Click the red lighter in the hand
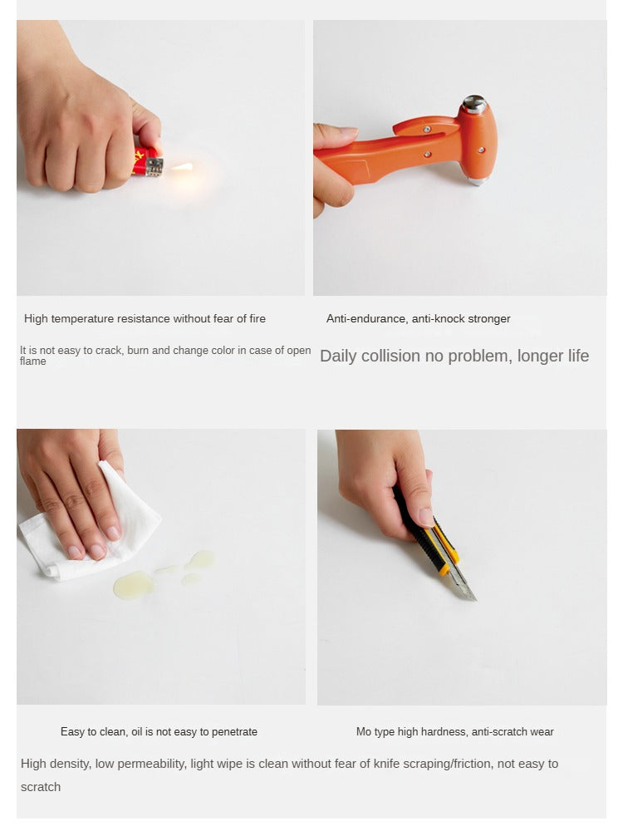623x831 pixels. [x=148, y=162]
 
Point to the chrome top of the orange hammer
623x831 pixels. [x=473, y=104]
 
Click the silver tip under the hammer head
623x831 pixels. [x=477, y=181]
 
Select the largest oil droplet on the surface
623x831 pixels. [x=134, y=584]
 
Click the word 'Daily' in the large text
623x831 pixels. [x=338, y=356]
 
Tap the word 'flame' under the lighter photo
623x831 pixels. [x=33, y=361]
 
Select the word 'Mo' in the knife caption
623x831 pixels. [x=364, y=732]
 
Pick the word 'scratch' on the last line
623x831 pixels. [x=41, y=787]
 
